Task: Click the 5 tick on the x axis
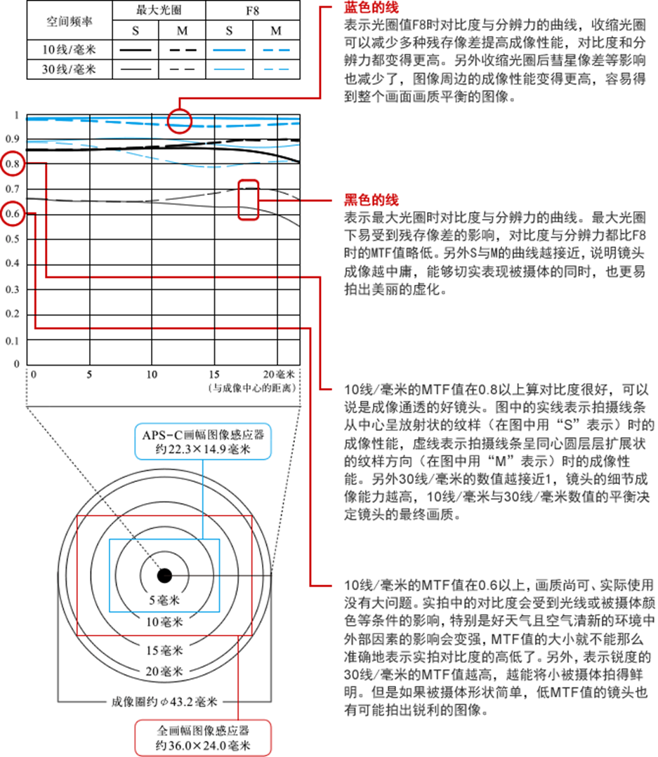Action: pyautogui.click(x=89, y=374)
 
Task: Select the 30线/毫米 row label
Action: pyautogui.click(x=67, y=69)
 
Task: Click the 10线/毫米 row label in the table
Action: pyautogui.click(x=67, y=50)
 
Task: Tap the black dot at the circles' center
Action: pyautogui.click(x=164, y=575)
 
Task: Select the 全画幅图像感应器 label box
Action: pyautogui.click(x=202, y=737)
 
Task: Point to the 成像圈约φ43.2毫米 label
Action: pyautogui.click(x=165, y=700)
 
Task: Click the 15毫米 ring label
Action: pyautogui.click(x=165, y=650)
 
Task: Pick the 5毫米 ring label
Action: pyautogui.click(x=165, y=601)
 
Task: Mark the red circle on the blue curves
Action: pyautogui.click(x=179, y=121)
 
